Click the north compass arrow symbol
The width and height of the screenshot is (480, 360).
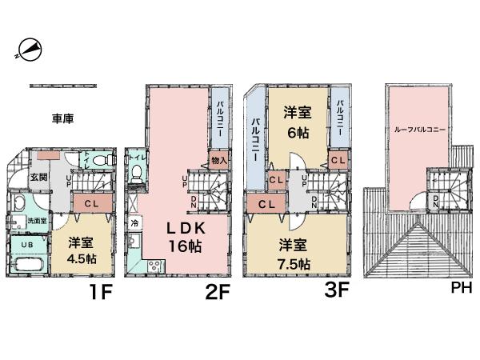pos(28,50)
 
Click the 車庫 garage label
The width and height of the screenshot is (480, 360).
pos(63,118)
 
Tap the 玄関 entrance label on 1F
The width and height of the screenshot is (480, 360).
pos(38,177)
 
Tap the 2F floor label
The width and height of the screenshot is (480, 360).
pos(217,292)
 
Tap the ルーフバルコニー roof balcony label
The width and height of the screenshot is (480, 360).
pos(419,128)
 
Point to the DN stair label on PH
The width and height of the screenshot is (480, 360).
pos(434,201)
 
